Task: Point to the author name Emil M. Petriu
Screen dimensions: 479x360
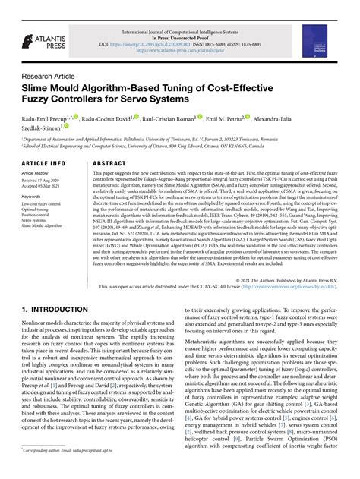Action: click(x=226, y=119)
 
